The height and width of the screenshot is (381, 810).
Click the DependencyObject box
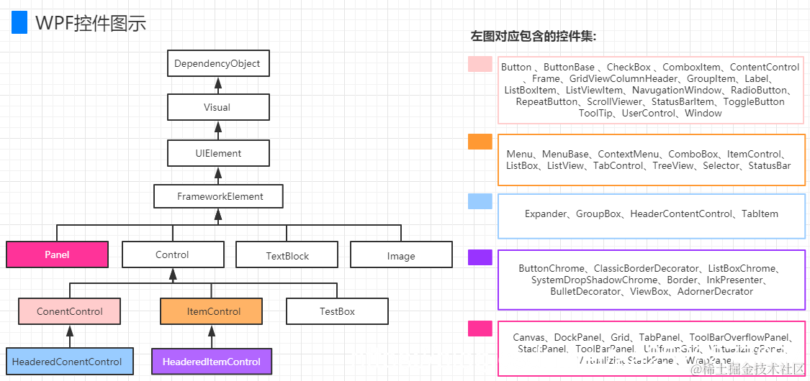point(217,63)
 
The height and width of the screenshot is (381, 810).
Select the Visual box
point(217,107)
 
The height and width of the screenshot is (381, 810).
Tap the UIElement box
point(217,153)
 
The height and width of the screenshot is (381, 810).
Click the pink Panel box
point(57,254)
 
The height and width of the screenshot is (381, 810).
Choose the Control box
point(172,254)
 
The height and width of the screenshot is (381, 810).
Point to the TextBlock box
point(287,255)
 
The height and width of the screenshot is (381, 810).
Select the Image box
point(401,255)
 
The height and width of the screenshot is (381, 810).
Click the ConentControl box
point(69,311)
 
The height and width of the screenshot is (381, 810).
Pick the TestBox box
point(337,311)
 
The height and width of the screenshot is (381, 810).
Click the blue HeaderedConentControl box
point(67,362)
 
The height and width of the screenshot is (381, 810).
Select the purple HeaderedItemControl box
point(212,362)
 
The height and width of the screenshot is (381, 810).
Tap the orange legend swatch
point(480,142)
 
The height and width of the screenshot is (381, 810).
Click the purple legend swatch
point(480,257)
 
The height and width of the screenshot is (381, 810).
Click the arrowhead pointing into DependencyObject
point(217,83)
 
